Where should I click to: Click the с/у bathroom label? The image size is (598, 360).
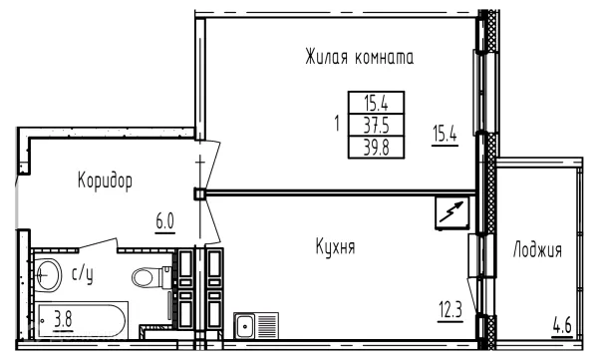81,270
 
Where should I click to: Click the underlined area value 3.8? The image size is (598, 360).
63,320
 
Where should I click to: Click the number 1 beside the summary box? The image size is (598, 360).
339,124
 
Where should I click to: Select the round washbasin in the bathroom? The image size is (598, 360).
46,271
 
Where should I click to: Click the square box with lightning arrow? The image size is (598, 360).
450,211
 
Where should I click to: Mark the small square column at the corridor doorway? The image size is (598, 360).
199,192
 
